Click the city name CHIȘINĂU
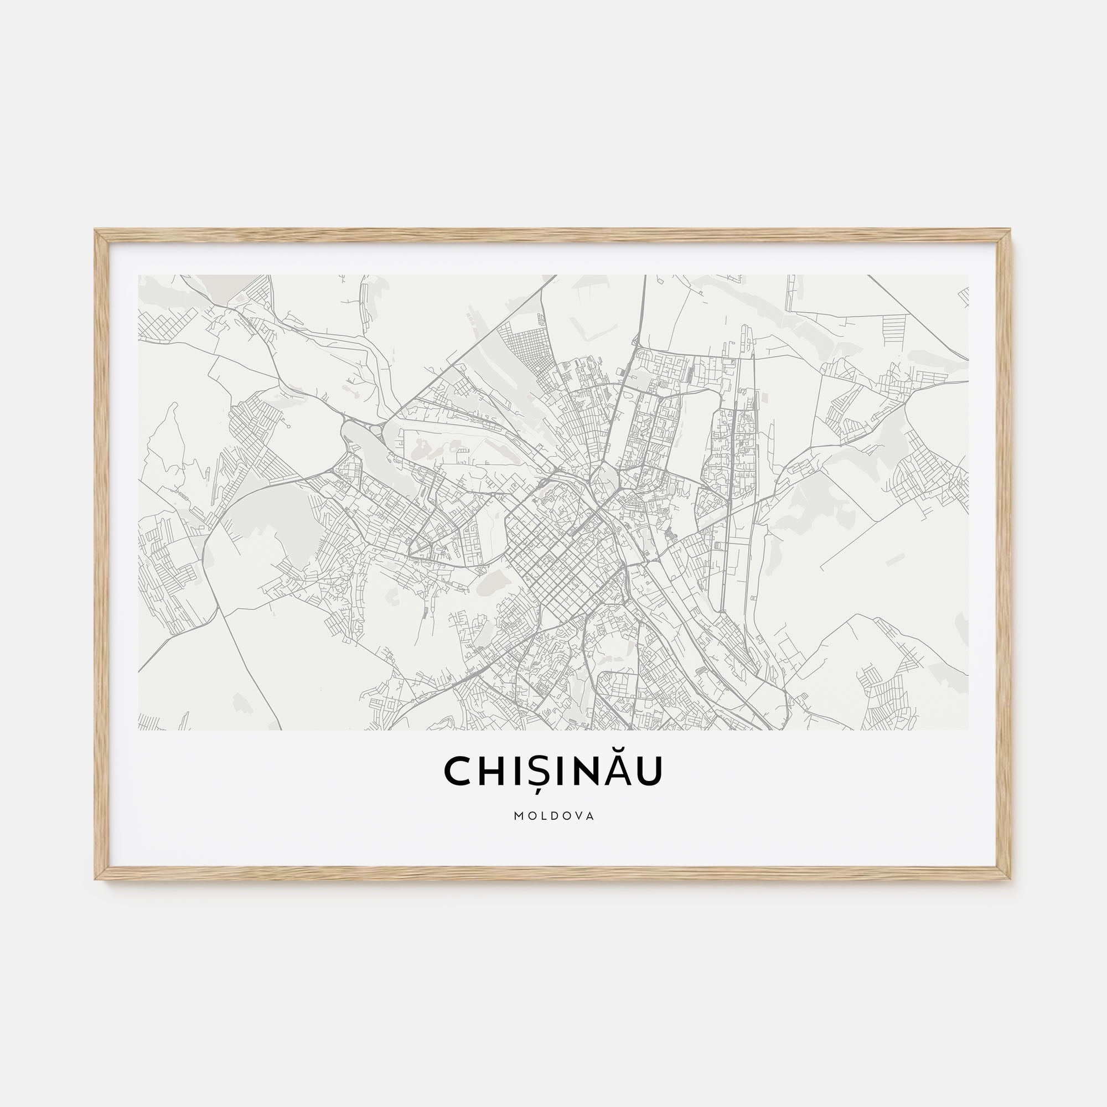(553, 770)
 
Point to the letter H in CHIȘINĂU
(492, 770)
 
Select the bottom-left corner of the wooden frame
(96, 878)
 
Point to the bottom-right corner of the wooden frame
(1011, 878)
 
